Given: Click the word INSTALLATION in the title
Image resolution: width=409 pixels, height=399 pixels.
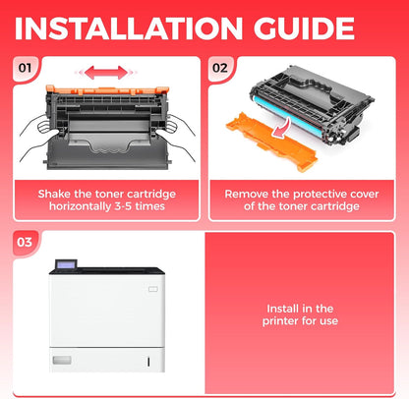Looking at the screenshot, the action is point(129,28).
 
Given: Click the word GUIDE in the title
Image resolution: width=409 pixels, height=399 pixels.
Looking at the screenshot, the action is point(304,28).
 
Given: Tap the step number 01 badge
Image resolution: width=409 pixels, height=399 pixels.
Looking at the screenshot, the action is point(25,68).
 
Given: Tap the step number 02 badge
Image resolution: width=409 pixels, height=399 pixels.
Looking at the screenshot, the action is point(220,68).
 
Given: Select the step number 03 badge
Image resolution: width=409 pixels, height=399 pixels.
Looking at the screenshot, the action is point(25,242).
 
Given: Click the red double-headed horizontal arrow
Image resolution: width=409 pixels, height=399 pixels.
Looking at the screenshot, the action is point(105,73).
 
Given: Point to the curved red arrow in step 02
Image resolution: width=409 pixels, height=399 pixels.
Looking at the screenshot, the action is point(282,129).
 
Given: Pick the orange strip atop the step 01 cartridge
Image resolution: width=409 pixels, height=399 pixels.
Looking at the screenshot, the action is point(107,88).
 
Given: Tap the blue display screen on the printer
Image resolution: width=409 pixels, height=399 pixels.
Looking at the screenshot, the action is point(66,264).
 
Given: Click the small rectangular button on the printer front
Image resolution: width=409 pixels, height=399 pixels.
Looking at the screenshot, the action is point(153,289).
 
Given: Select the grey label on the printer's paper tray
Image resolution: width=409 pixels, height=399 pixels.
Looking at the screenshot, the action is point(62,360).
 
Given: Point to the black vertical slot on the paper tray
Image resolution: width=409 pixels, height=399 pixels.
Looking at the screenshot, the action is point(148,362).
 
